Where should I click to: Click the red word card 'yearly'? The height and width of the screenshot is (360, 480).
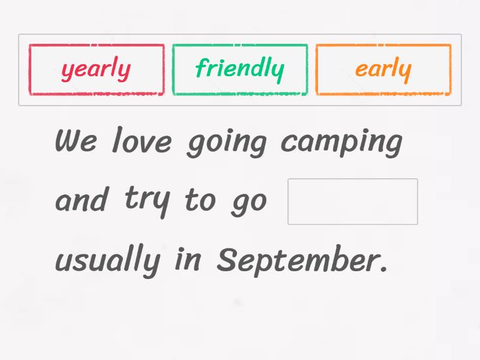click(96, 70)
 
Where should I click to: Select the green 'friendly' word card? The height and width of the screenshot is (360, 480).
click(239, 70)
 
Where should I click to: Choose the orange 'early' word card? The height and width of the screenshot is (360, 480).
click(383, 70)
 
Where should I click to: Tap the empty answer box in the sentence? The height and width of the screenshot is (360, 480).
click(353, 202)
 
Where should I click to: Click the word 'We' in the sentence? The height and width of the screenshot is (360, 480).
click(75, 142)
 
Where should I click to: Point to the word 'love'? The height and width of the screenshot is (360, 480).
click(143, 142)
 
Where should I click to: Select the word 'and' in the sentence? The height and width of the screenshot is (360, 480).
click(82, 200)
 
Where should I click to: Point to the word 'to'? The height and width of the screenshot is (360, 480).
click(199, 200)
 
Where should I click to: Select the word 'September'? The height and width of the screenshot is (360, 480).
click(298, 260)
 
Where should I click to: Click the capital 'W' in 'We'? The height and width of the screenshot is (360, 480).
click(67, 140)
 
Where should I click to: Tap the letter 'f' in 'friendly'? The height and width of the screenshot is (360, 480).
click(201, 68)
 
